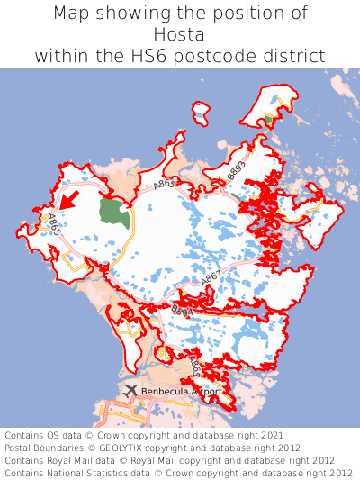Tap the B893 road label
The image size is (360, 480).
[x=237, y=168]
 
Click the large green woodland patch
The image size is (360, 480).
[x=114, y=213]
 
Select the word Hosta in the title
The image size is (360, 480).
[x=179, y=34]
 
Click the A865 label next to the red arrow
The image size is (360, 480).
[x=54, y=224]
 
